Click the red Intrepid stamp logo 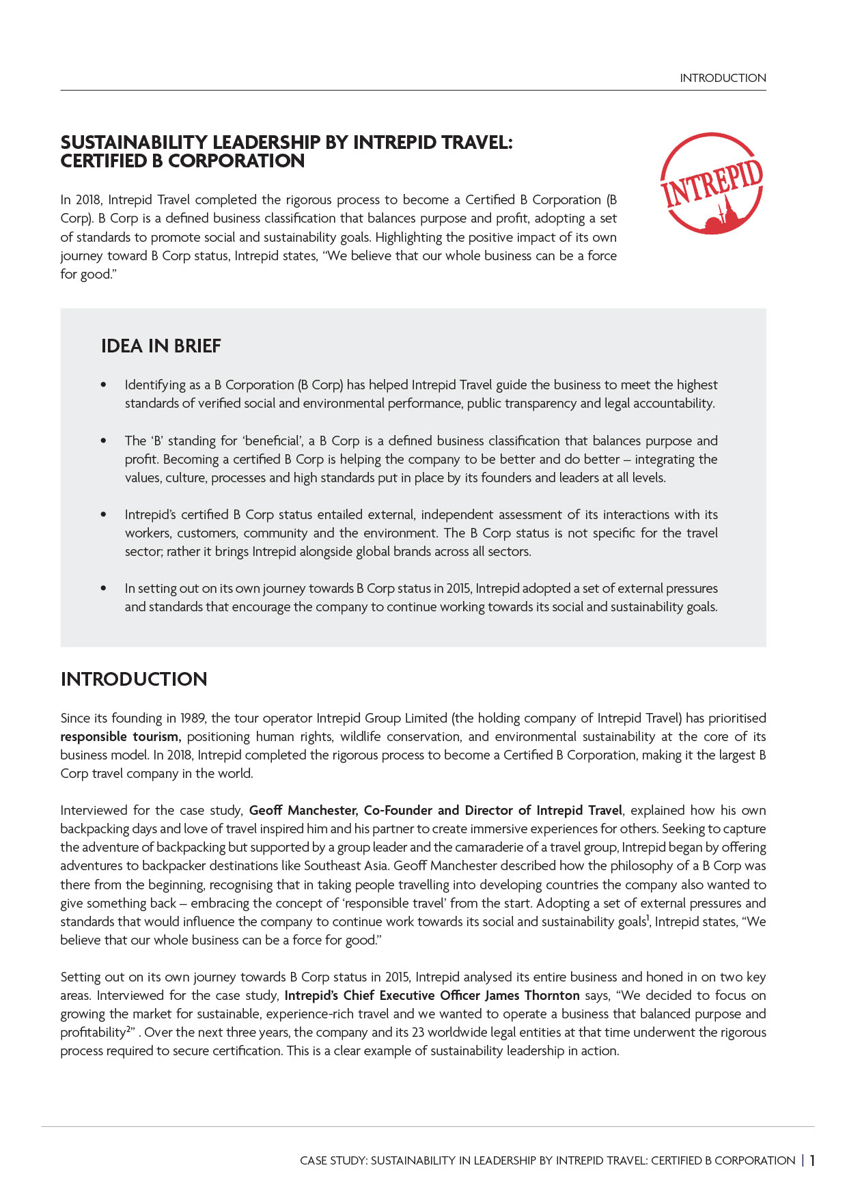coord(711,184)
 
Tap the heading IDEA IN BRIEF coord(161,346)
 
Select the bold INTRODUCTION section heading coord(134,680)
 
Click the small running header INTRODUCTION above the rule coord(723,78)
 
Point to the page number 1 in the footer coord(812,1160)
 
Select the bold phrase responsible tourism coord(120,737)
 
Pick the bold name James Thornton coord(532,996)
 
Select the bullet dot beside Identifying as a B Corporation coord(104,385)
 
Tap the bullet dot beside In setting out coord(104,588)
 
